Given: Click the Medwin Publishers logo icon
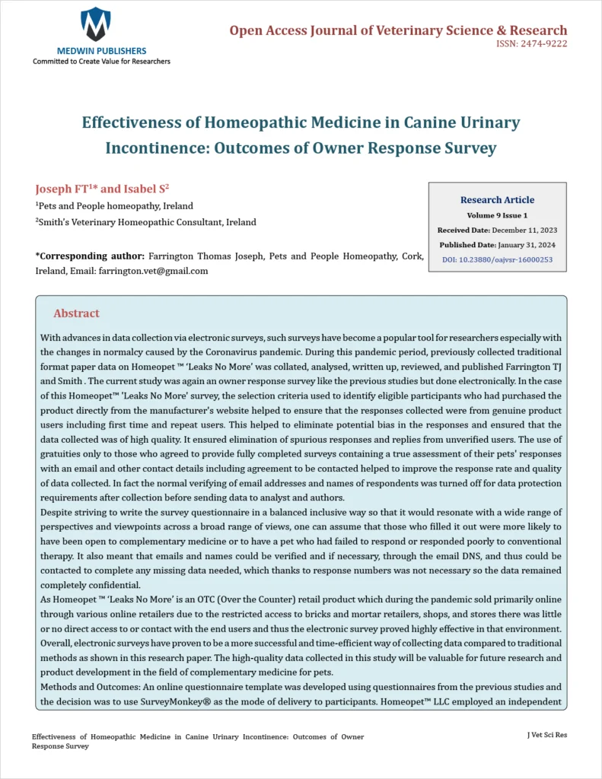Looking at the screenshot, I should [x=96, y=24].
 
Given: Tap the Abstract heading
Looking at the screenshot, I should [x=76, y=313].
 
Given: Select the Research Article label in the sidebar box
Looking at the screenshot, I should [x=497, y=199].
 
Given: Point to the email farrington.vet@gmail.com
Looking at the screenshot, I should [x=153, y=271].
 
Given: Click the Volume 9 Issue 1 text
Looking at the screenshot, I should [x=497, y=215].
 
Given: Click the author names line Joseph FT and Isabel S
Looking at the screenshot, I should [x=102, y=189].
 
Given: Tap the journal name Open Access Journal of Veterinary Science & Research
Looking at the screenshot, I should [x=398, y=30].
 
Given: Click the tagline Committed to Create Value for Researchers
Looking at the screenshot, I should [x=101, y=61].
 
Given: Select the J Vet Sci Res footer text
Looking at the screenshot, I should [x=546, y=735].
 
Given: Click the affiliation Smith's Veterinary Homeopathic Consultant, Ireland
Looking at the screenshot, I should [x=146, y=222].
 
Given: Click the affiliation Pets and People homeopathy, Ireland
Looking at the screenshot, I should [x=115, y=205].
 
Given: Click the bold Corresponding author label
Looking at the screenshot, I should [x=90, y=257].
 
